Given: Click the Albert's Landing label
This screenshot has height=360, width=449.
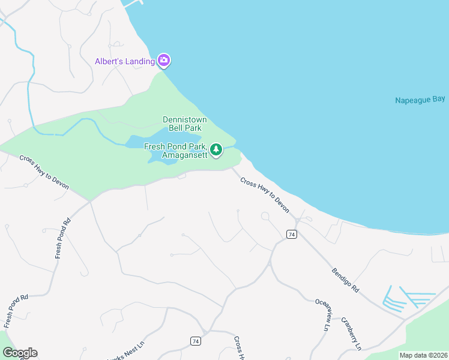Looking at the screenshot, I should tap(125, 61).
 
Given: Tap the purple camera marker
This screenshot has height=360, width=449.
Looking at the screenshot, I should tap(164, 61).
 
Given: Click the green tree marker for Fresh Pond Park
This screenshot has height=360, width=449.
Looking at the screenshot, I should tap(216, 149).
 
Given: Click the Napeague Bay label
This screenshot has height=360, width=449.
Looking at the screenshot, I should tap(420, 100).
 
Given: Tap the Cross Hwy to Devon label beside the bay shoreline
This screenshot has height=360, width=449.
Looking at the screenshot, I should tap(265, 195).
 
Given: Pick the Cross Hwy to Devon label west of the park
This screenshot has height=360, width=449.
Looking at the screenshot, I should tap(44, 173).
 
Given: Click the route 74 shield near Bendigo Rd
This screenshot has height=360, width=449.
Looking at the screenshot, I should tap(292, 234).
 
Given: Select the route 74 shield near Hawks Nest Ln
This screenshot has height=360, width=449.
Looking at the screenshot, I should tap(195, 341).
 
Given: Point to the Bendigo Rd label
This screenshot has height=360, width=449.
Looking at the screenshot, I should tap(345, 281).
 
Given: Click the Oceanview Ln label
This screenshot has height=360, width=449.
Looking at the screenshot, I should tap(322, 316).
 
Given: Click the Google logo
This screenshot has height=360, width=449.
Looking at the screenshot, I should tap(20, 353).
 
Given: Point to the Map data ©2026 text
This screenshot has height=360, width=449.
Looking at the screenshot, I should tap(423, 355).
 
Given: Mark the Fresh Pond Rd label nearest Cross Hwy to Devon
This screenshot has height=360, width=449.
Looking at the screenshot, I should tap(62, 238).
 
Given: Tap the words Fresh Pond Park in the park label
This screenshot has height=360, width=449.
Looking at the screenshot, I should tap(175, 146).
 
